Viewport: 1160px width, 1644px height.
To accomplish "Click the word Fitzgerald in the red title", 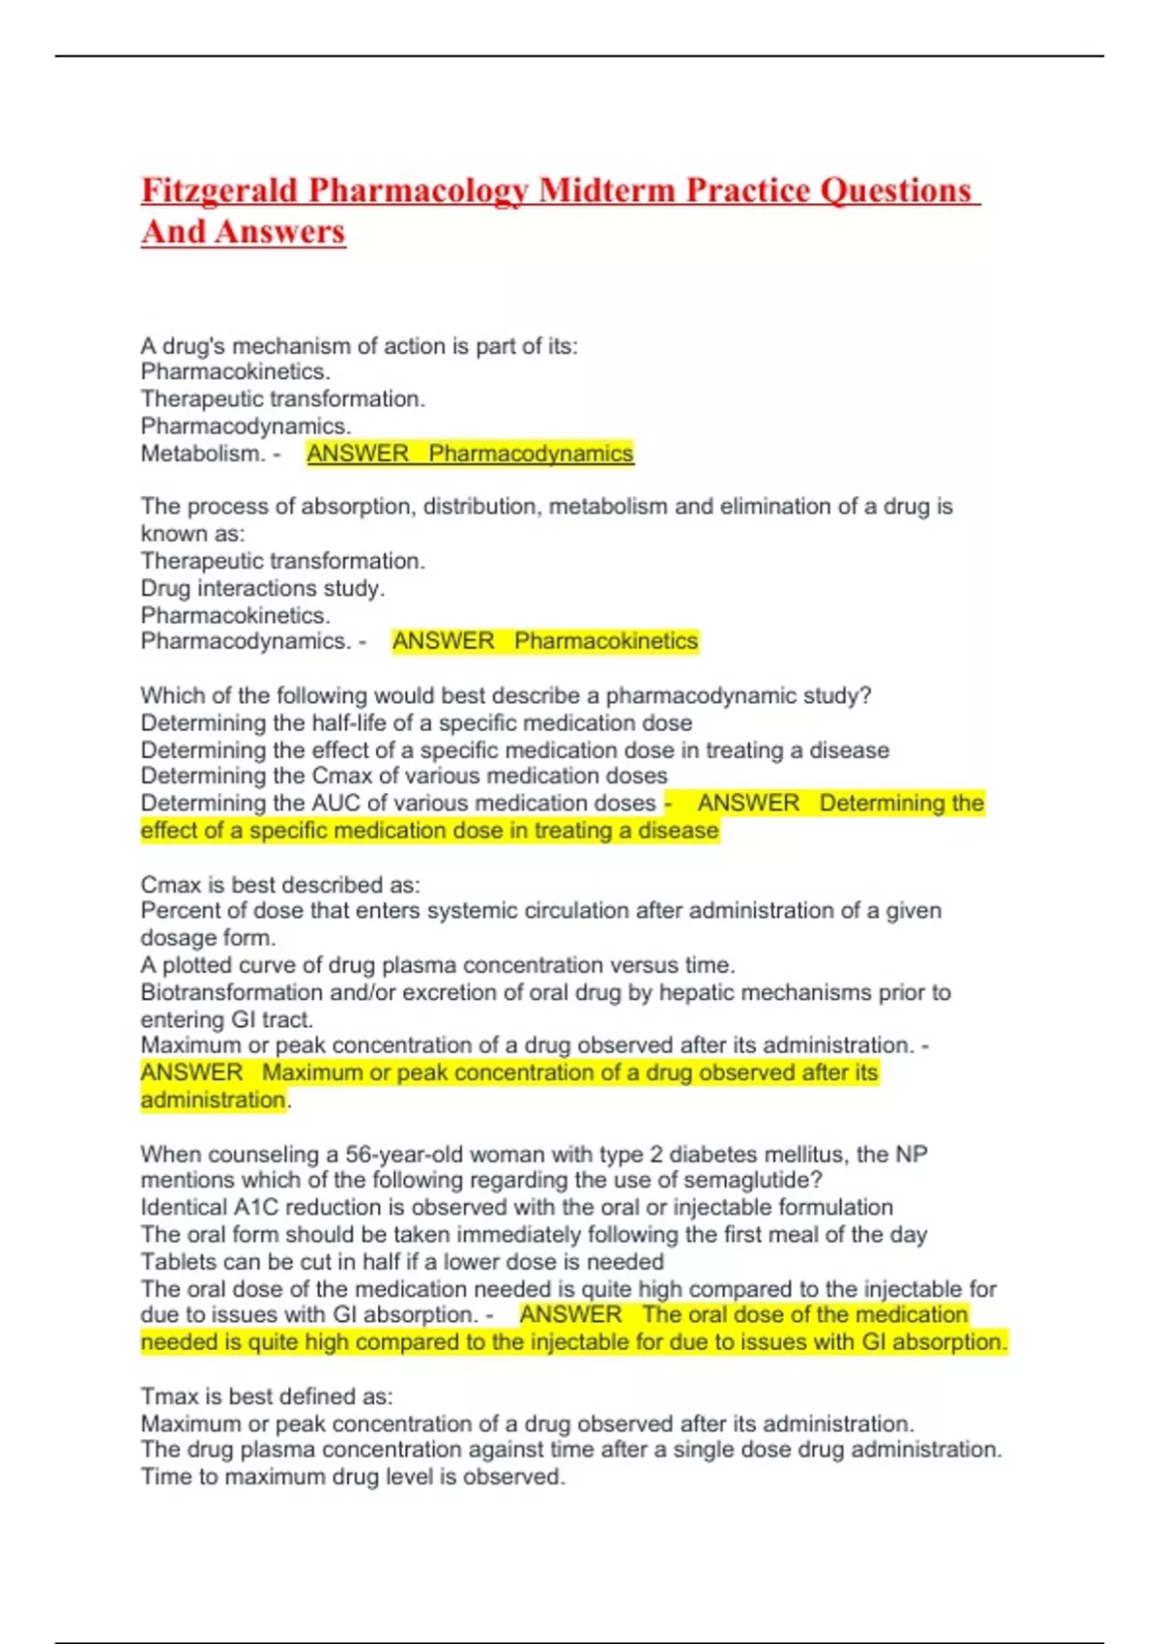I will coord(219,191).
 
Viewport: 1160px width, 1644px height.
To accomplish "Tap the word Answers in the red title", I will coord(280,232).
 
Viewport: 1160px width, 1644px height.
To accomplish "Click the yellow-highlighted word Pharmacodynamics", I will coord(531,454).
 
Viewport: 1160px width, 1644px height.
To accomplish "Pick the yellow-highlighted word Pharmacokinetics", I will coord(605,641).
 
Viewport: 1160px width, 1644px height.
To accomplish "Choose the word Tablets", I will coord(177,1262).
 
